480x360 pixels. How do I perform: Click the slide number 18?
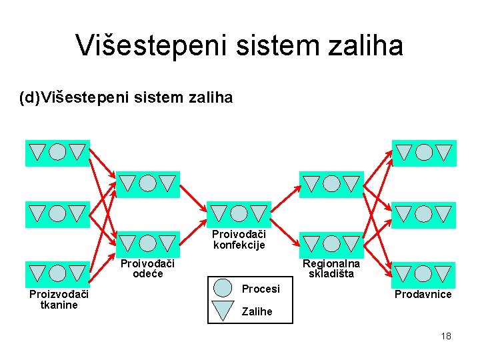pyautogui.click(x=446, y=336)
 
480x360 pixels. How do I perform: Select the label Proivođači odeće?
pyautogui.click(x=147, y=269)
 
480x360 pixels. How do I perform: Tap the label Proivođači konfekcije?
pyautogui.click(x=239, y=239)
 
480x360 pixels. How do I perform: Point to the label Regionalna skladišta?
pyautogui.click(x=331, y=269)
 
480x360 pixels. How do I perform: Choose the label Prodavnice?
pyautogui.click(x=423, y=295)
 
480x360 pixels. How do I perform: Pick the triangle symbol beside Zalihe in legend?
pyautogui.click(x=223, y=310)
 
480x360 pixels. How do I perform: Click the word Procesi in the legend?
pyautogui.click(x=261, y=289)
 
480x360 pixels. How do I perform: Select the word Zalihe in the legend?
pyautogui.click(x=257, y=311)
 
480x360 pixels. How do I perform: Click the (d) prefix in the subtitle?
pyautogui.click(x=29, y=98)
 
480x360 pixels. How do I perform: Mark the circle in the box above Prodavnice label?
pyautogui.click(x=424, y=274)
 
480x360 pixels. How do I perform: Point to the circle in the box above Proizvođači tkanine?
pyautogui.click(x=58, y=273)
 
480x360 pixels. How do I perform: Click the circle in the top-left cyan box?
pyautogui.click(x=58, y=152)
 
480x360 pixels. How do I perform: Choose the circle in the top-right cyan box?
pyautogui.click(x=424, y=152)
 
